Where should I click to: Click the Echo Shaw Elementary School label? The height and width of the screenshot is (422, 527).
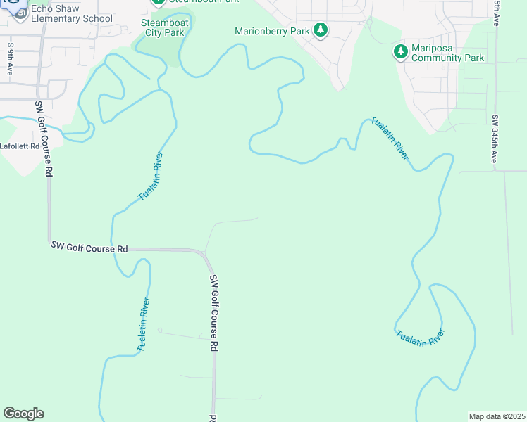[62, 13]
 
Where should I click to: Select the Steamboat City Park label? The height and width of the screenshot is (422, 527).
[163, 27]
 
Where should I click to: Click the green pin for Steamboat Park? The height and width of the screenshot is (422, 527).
[159, 2]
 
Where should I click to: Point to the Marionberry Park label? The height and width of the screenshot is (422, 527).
[272, 31]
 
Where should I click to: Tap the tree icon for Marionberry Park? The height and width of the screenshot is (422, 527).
[321, 30]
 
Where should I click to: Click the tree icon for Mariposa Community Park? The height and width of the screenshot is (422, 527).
[400, 51]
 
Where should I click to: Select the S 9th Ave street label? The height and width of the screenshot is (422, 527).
[11, 59]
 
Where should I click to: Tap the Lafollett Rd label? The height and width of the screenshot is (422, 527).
[20, 146]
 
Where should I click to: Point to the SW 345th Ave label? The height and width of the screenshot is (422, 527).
[495, 139]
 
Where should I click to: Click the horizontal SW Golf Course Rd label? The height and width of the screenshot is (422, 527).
[89, 248]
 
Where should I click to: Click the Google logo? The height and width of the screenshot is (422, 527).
[23, 414]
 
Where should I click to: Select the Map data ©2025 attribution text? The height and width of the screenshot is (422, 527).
[496, 416]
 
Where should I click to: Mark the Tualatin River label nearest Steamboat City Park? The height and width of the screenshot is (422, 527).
[151, 176]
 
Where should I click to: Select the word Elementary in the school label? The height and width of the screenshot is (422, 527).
[57, 18]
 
